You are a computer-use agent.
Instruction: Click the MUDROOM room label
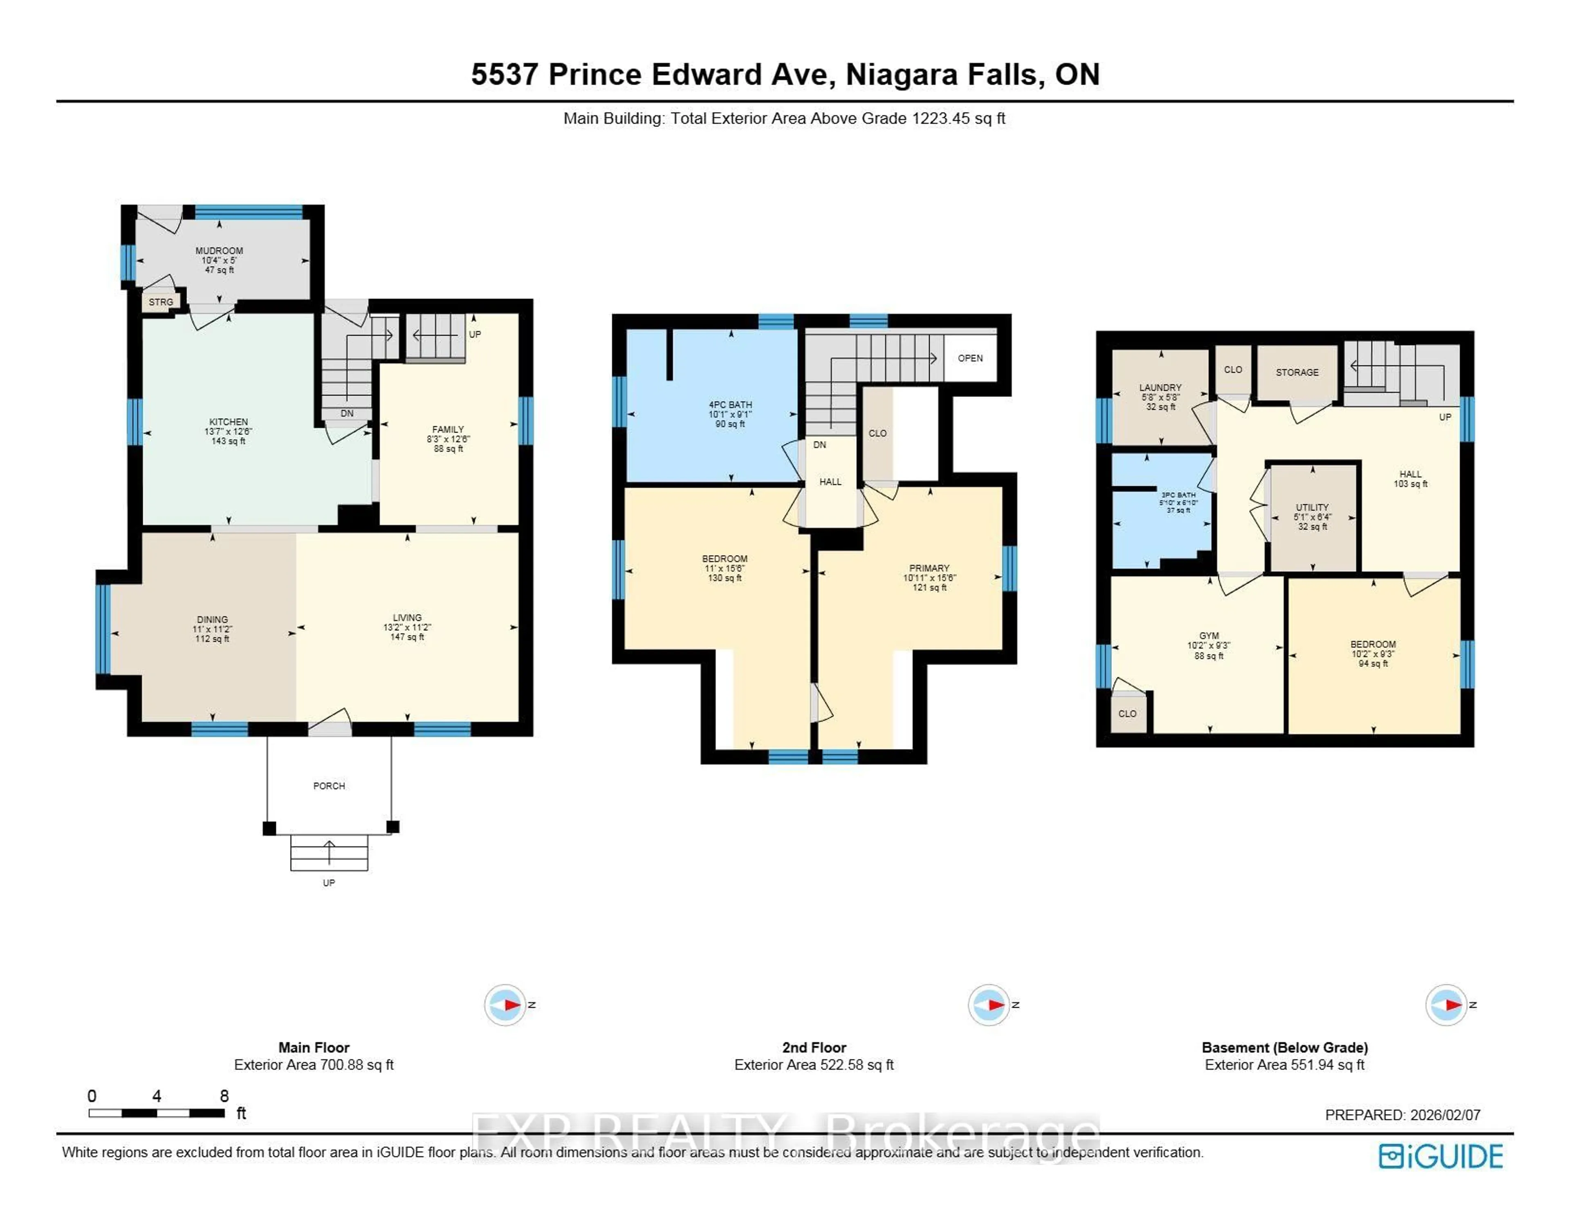(x=219, y=251)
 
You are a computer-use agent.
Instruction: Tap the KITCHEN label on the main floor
(x=229, y=422)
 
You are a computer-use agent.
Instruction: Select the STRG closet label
(x=161, y=302)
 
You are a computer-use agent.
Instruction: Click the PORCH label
(x=329, y=786)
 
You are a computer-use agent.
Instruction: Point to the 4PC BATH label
(x=730, y=404)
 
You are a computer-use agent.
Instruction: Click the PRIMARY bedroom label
(x=929, y=567)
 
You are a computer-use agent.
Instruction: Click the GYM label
(x=1209, y=636)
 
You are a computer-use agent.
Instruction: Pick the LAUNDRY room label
(x=1160, y=387)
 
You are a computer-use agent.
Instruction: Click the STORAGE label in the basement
(x=1298, y=372)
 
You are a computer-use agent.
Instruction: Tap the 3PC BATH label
(x=1178, y=495)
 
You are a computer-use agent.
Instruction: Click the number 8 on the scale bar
(x=224, y=1096)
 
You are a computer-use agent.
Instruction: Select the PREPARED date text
(x=1402, y=1115)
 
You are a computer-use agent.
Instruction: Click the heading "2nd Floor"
(x=814, y=1047)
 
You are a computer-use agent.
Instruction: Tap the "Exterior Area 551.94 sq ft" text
(x=1285, y=1065)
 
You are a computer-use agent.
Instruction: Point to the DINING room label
(x=212, y=619)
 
